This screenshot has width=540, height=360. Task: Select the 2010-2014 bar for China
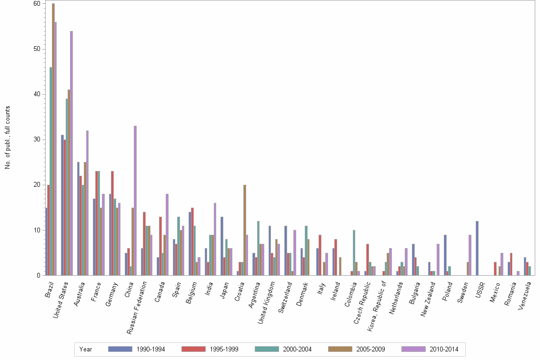pos(135,200)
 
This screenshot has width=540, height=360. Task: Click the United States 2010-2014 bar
pos(71,153)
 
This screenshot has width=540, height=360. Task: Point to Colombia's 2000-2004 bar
pos(354,252)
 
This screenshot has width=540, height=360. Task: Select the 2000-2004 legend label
pos(298,350)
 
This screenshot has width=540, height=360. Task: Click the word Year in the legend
pos(86,350)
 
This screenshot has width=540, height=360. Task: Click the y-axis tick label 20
pos(36,185)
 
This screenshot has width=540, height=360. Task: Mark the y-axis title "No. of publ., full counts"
pos(8,138)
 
